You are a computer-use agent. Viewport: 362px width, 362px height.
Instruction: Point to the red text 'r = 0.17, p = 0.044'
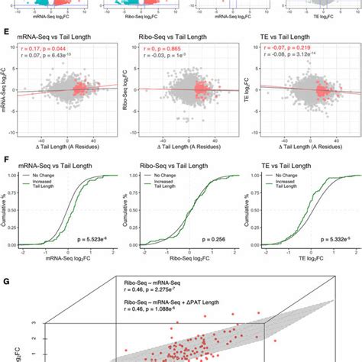click(x=47, y=47)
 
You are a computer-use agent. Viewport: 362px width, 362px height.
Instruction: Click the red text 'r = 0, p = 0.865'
click(x=162, y=47)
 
